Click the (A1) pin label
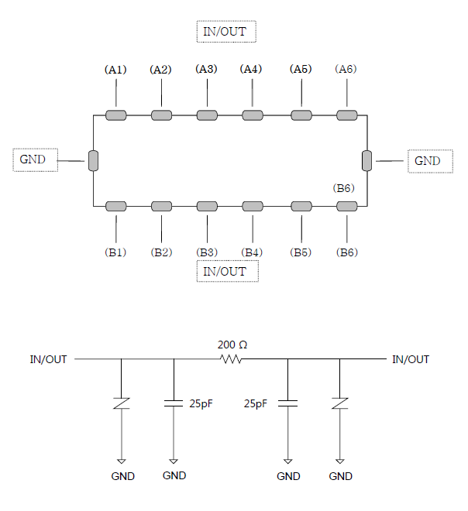[x=115, y=70]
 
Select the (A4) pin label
[x=251, y=69]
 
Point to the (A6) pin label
[x=346, y=69]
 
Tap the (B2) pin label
[x=161, y=252]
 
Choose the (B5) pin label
[x=301, y=252]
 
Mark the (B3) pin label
[x=207, y=252]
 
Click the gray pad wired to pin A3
[x=207, y=115]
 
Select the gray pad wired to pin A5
[x=301, y=115]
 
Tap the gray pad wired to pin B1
[x=116, y=206]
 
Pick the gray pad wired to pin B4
[x=253, y=206]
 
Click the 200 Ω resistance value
[x=232, y=345]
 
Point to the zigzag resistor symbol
[x=231, y=359]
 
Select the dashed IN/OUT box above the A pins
[x=226, y=32]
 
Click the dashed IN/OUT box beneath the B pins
[x=227, y=271]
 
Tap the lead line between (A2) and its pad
[x=161, y=93]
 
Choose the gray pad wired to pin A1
[x=116, y=115]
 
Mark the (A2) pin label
[x=160, y=70]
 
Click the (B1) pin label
[x=115, y=252]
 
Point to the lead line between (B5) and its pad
[x=301, y=228]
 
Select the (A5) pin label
[x=301, y=69]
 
